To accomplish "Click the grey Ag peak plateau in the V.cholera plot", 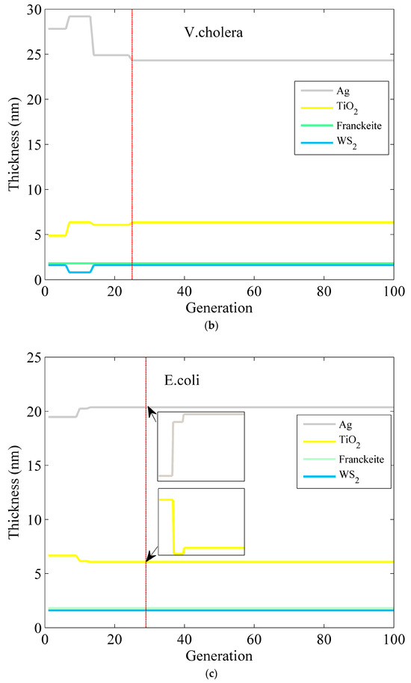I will click(x=79, y=16).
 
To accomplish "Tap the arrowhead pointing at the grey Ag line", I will click(x=150, y=411).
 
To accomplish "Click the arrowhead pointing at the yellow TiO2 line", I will click(x=149, y=558).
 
